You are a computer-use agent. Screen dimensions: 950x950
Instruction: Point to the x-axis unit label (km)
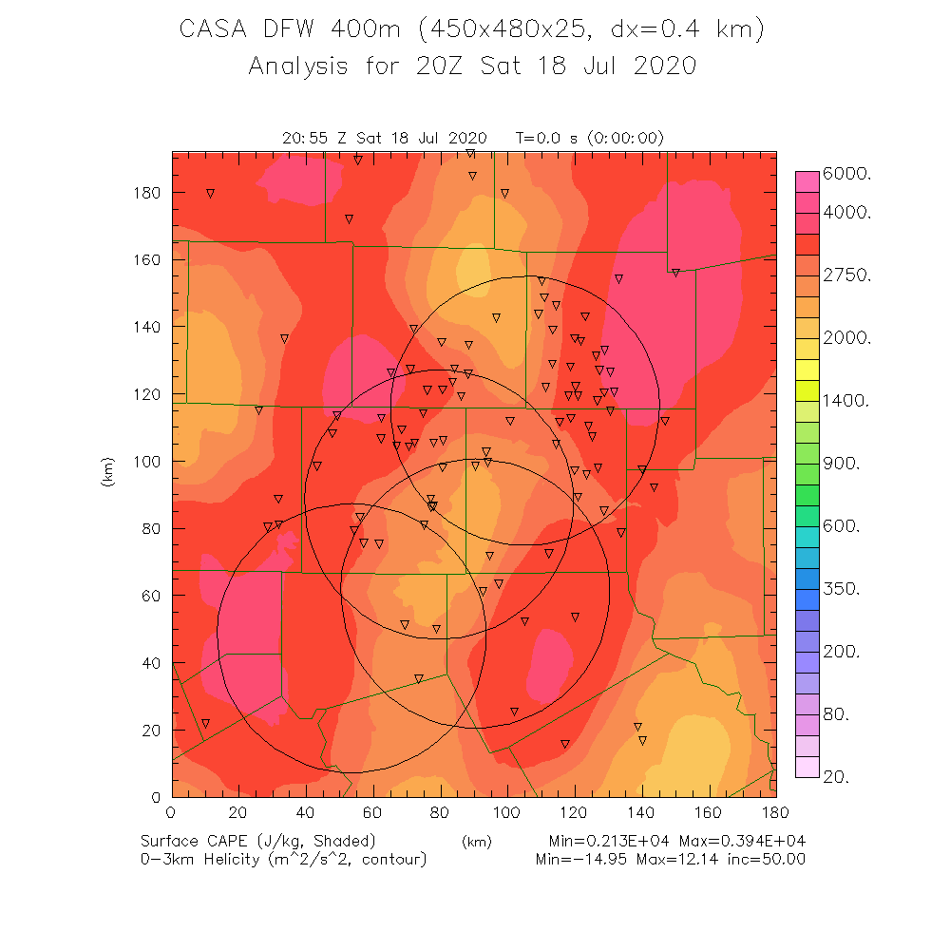tap(476, 842)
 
